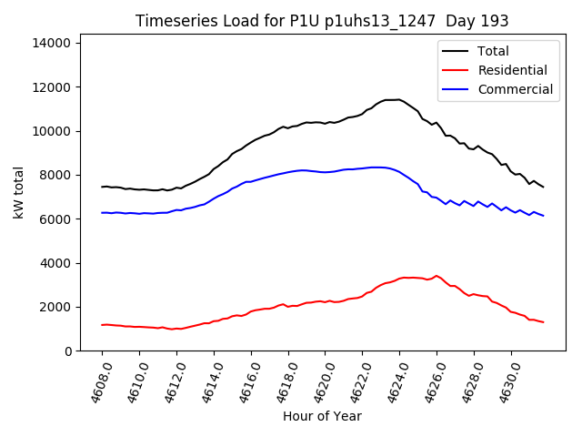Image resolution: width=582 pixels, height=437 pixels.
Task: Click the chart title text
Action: pyautogui.click(x=322, y=21)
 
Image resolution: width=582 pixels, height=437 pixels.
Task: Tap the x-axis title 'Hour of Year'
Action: pyautogui.click(x=322, y=416)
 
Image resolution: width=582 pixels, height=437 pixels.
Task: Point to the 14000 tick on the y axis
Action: pyautogui.click(x=55, y=43)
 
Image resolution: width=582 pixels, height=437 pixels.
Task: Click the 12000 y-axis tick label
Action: pyautogui.click(x=55, y=87)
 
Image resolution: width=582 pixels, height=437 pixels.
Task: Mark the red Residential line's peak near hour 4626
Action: pyautogui.click(x=436, y=275)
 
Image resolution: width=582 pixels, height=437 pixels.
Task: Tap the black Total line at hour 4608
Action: pyautogui.click(x=102, y=187)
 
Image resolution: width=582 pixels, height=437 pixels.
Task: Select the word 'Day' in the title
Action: pyautogui.click(x=473, y=21)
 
